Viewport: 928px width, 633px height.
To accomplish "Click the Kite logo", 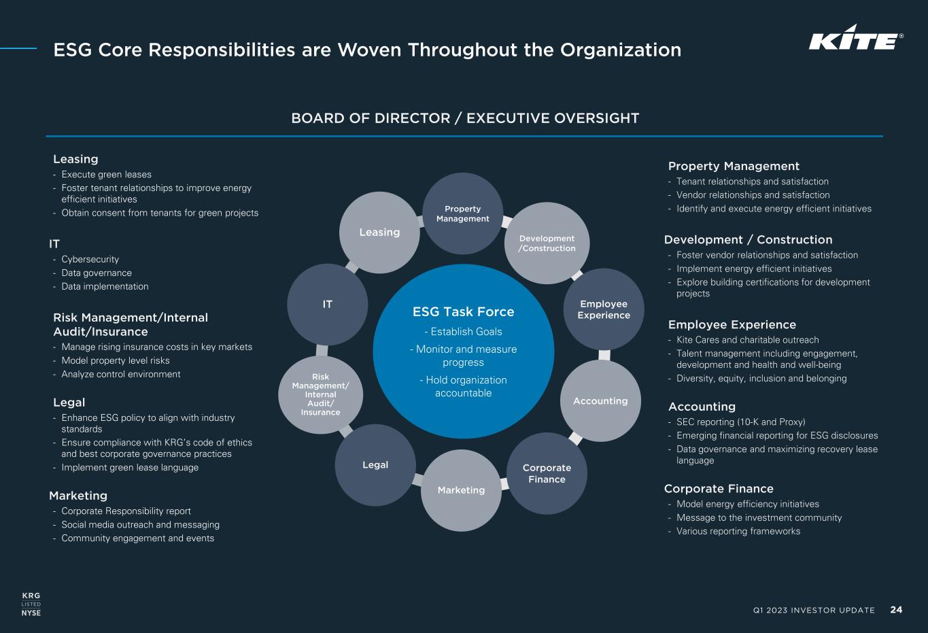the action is (x=856, y=37).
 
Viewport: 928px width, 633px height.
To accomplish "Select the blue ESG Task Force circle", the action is (x=463, y=352).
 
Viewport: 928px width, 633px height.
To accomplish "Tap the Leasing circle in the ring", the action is (x=379, y=233).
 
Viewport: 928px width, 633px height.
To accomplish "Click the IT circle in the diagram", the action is (x=327, y=305).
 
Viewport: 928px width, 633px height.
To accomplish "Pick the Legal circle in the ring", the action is (x=375, y=465).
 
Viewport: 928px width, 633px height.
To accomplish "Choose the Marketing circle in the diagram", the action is (x=461, y=490).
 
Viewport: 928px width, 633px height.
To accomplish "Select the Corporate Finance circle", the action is (x=547, y=473).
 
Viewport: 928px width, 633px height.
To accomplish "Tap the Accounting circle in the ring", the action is (x=600, y=401).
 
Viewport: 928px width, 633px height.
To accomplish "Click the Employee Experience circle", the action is (x=604, y=309).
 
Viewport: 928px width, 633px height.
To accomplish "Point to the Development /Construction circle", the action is (x=547, y=243).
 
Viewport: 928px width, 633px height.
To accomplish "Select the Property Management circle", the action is (x=463, y=213).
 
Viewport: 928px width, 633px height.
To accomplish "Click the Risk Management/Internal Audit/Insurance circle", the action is (x=321, y=395).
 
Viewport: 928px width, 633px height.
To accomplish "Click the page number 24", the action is (x=896, y=609).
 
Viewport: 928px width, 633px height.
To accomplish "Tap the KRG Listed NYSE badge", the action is (x=31, y=604).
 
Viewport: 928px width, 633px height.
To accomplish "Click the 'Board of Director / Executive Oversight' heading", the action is (x=465, y=118).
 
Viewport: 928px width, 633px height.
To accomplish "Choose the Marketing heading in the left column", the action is (x=78, y=496).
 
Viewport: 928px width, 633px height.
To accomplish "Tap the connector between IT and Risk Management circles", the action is (x=322, y=350).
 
